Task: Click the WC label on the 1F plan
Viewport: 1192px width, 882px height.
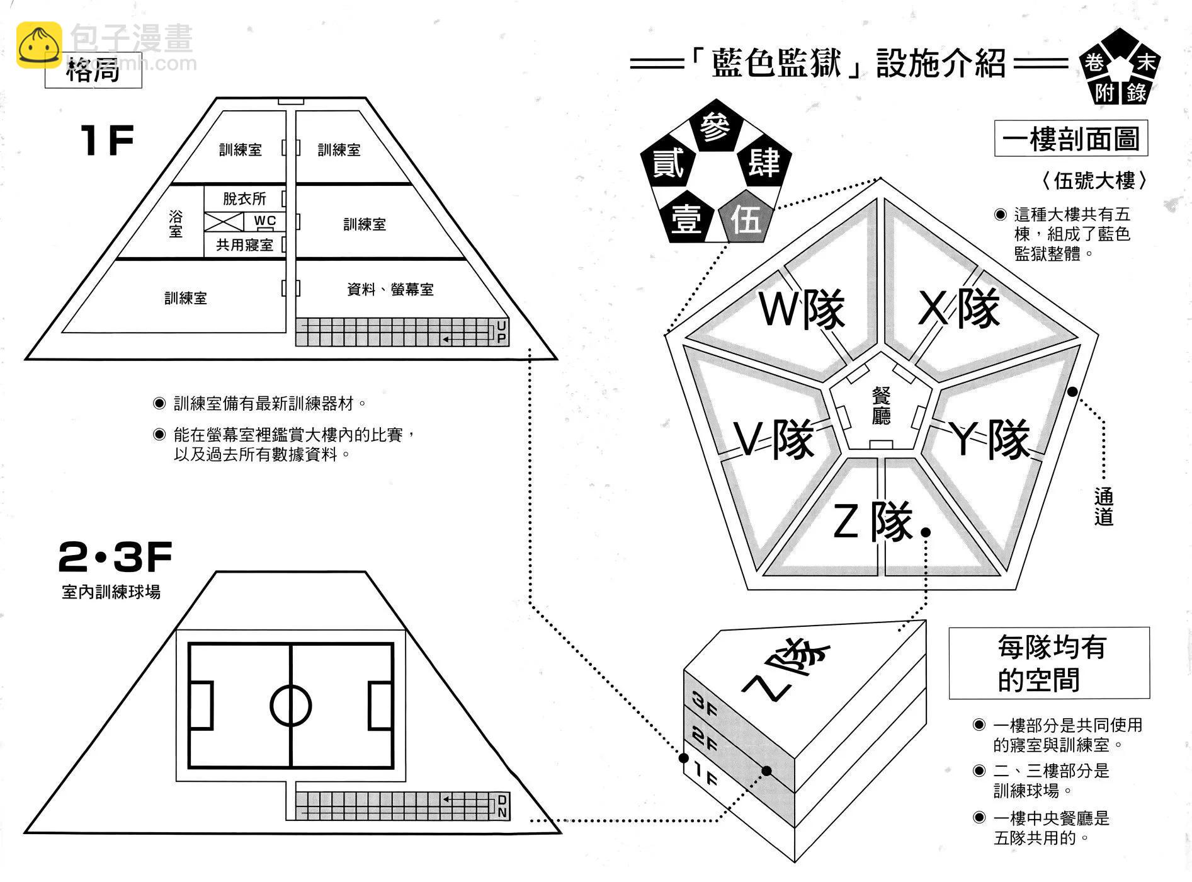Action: point(264,221)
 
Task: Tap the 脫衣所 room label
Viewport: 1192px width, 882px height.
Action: point(244,199)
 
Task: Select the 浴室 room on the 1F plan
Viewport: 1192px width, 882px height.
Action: point(176,224)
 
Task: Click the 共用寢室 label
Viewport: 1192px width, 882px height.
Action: point(244,245)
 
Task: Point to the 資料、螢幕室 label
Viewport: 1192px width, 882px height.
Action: point(390,290)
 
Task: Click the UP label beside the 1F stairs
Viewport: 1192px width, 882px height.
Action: point(501,332)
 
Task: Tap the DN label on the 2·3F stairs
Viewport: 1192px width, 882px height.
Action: point(502,806)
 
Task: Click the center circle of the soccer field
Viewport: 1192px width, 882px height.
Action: point(290,706)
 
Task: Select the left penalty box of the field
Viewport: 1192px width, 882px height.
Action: point(201,706)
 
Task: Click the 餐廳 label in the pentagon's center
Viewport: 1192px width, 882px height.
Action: point(881,406)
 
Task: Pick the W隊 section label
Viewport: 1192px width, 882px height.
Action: point(802,309)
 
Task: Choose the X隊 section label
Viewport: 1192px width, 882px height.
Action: point(958,308)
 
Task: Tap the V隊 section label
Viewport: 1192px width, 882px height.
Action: point(774,440)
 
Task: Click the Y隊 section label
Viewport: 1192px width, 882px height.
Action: point(990,440)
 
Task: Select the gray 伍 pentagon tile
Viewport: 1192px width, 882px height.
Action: point(746,219)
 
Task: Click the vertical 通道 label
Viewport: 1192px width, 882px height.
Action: point(1104,507)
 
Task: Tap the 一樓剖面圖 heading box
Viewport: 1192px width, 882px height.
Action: point(1070,139)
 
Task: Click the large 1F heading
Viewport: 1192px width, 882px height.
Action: point(107,140)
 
